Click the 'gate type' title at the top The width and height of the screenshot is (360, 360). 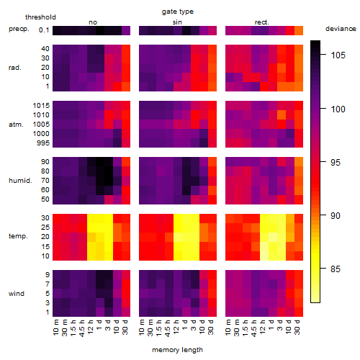[178, 12]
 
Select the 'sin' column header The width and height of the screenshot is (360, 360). [177, 22]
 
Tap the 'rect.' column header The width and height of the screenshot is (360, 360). [261, 22]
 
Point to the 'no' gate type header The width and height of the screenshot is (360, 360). [93, 22]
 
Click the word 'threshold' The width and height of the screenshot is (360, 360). [40, 17]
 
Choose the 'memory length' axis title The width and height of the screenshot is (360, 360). [177, 350]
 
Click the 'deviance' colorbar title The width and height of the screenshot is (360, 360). [341, 29]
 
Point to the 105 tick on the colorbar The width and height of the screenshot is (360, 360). [338, 55]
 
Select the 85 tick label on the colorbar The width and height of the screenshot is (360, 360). [336, 269]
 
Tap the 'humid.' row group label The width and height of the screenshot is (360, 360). [20, 181]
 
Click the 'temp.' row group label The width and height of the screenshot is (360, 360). [18, 236]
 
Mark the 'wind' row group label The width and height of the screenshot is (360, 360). [17, 294]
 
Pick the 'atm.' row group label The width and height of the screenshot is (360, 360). [16, 125]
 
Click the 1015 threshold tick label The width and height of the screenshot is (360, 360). [41, 106]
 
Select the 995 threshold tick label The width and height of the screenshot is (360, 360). [43, 143]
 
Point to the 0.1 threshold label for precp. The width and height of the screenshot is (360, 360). [44, 30]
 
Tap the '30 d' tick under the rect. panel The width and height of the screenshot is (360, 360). [297, 327]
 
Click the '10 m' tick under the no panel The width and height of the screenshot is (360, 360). [55, 328]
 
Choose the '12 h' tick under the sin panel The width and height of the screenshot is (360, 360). [176, 327]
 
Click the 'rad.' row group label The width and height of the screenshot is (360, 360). [15, 68]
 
